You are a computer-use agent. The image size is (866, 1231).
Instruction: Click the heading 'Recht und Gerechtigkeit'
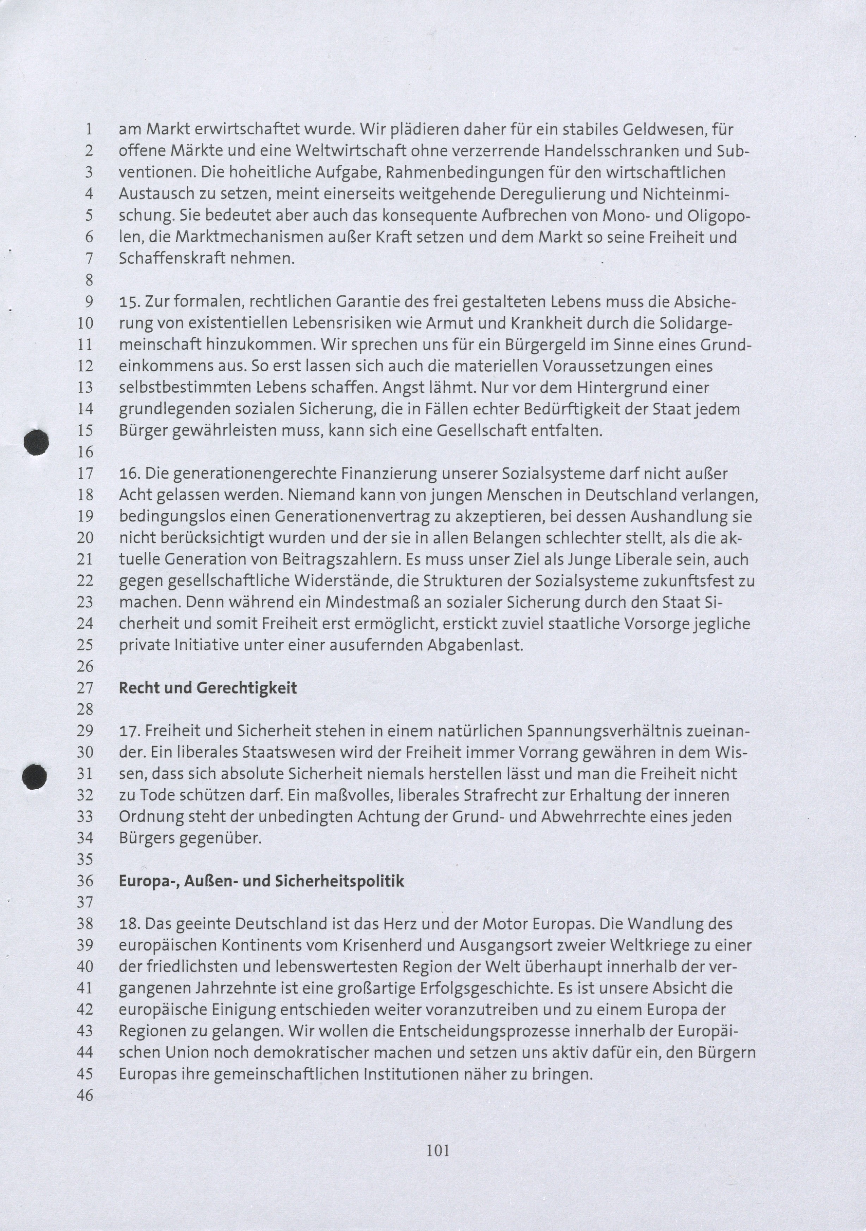tap(208, 688)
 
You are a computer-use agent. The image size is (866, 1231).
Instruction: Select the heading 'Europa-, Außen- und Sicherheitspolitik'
tap(261, 881)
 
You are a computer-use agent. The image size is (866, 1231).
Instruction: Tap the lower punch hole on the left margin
tap(35, 776)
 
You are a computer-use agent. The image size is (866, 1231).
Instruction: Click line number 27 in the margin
tap(85, 688)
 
